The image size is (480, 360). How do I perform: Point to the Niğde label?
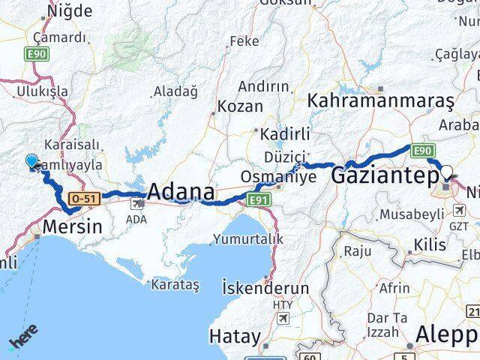(70, 10)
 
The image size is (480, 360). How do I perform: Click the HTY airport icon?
(283, 319)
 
